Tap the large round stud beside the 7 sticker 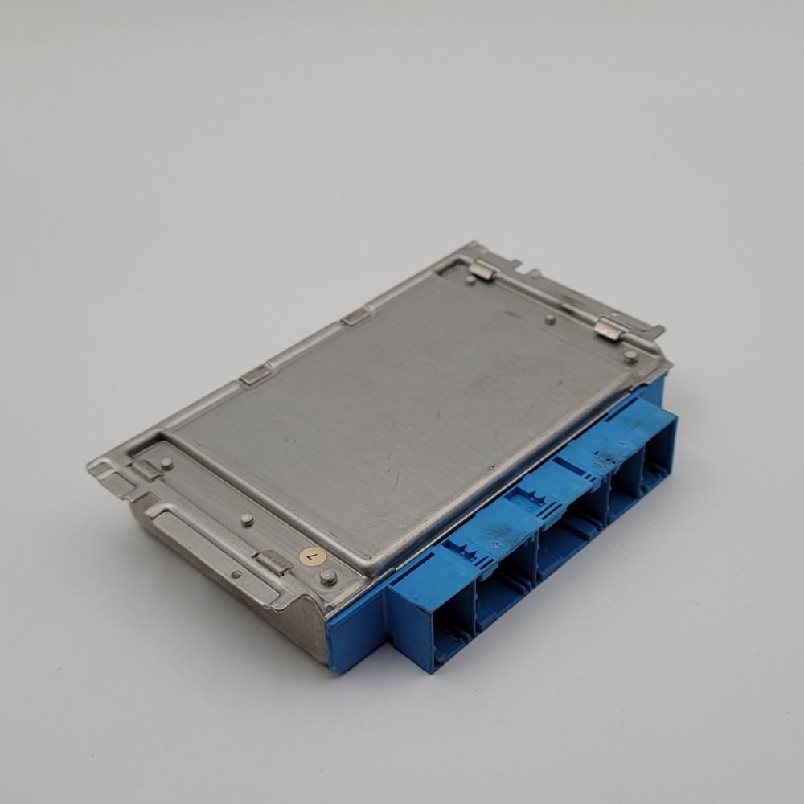(328, 576)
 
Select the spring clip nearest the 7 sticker (275, 562)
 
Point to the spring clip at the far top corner (483, 269)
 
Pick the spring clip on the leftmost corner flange (147, 469)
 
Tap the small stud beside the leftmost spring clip (166, 463)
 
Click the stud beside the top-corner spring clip (470, 280)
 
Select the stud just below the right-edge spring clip (631, 356)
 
